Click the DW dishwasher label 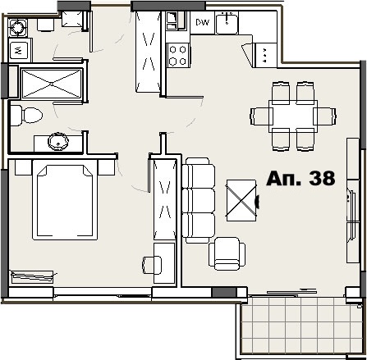pyautogui.click(x=201, y=22)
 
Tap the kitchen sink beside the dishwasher pyautogui.click(x=227, y=23)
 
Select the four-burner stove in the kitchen pyautogui.click(x=178, y=54)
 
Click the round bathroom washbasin pyautogui.click(x=58, y=141)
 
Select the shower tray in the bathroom pyautogui.click(x=51, y=84)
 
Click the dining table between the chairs pyautogui.click(x=293, y=115)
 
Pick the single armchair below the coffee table pyautogui.click(x=226, y=253)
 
